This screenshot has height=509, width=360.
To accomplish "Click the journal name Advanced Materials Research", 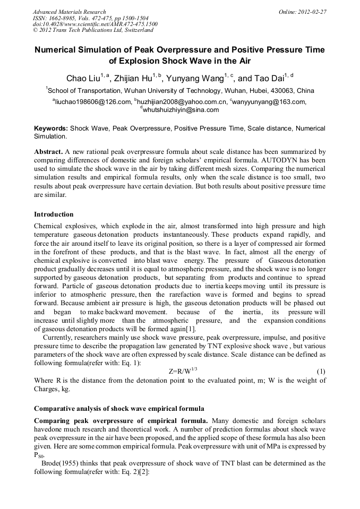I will tap(69, 12).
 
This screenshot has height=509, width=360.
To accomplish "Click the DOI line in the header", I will tap(95, 24).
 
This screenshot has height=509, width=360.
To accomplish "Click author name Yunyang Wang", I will tap(193, 79).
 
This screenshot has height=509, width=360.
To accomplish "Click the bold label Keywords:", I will tap(51, 128).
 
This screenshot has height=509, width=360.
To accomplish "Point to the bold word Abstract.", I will tap(48, 151).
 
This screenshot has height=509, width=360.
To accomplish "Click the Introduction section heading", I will tap(54, 214).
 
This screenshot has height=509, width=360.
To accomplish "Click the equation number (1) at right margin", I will tap(321, 371).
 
